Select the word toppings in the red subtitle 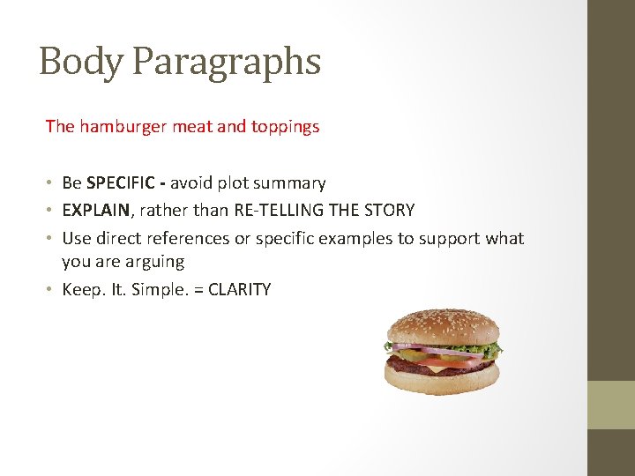(x=286, y=126)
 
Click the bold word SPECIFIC (x=123, y=183)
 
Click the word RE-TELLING (x=271, y=211)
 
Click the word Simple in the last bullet (x=154, y=289)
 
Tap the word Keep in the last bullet (x=80, y=289)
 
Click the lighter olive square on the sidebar (x=611, y=405)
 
